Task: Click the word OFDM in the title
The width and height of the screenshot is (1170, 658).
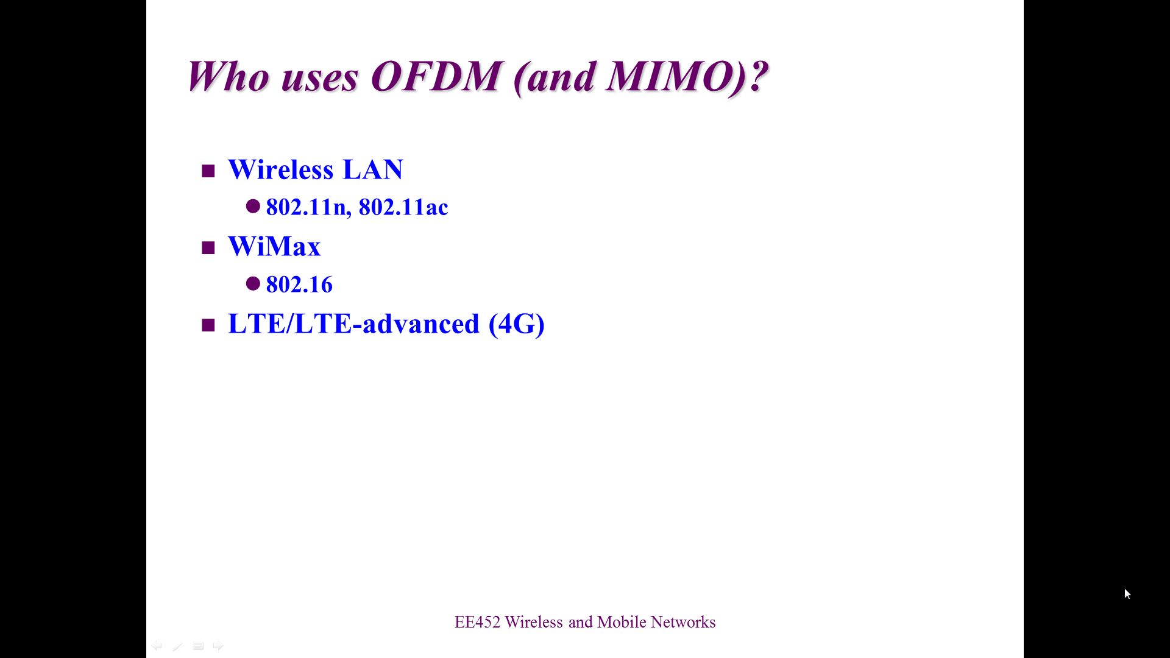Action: point(436,77)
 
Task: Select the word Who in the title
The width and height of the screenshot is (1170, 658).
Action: point(228,77)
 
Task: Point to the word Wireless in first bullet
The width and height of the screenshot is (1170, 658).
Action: point(281,169)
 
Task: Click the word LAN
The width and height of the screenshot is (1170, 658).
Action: point(373,169)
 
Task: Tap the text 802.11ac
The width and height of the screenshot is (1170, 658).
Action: point(403,207)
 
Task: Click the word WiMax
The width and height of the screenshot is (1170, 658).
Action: point(274,246)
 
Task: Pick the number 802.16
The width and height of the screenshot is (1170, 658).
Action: point(299,285)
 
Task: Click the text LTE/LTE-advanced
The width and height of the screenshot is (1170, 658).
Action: point(353,324)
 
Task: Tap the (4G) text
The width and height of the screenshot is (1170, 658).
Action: point(517,324)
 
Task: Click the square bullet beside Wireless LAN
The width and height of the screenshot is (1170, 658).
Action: point(208,171)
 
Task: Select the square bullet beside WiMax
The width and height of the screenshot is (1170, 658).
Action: point(208,248)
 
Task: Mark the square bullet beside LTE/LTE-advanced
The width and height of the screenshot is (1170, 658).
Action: point(208,325)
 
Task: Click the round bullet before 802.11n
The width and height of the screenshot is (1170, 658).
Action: point(253,206)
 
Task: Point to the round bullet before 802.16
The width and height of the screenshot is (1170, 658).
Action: point(253,283)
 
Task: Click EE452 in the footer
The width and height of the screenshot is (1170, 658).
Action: point(477,622)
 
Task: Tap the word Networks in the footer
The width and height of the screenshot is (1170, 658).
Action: point(683,622)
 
